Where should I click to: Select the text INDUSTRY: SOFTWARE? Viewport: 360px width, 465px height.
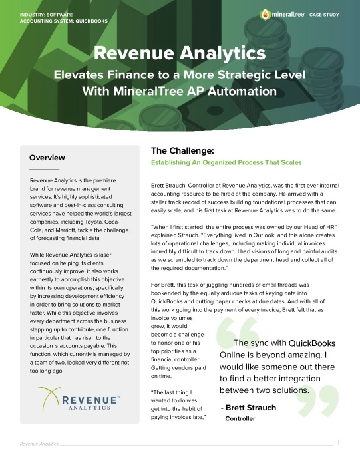pyautogui.click(x=46, y=14)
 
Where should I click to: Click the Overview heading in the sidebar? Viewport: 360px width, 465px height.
pyautogui.click(x=47, y=158)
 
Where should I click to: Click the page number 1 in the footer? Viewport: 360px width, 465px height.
pyautogui.click(x=339, y=443)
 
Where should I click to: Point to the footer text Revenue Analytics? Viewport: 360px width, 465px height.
pyautogui.click(x=38, y=443)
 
